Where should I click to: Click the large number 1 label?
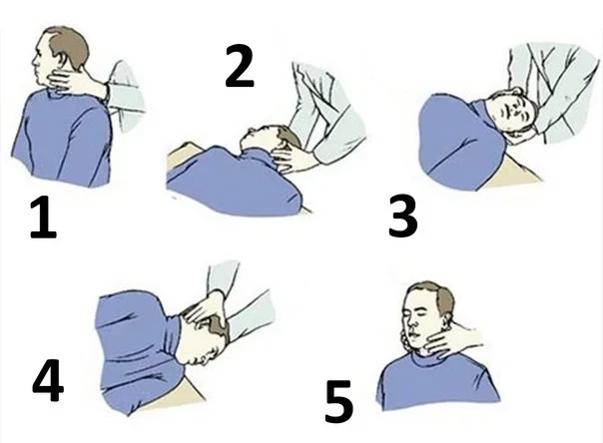point(44,218)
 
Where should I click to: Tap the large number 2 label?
point(240,66)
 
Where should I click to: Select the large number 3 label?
point(402,216)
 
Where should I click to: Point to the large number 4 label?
point(47,380)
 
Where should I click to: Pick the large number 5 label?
point(338,401)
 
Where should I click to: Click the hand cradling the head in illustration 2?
point(294,157)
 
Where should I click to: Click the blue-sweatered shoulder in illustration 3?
point(459,142)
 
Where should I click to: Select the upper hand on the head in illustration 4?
point(203,307)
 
